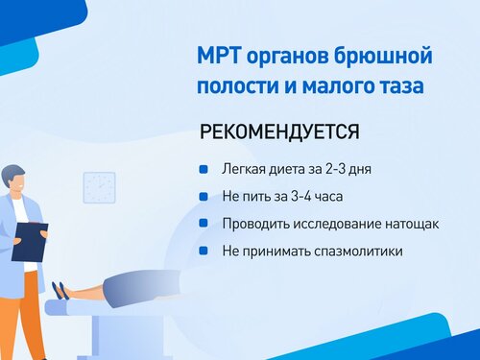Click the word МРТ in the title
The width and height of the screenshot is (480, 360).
(x=219, y=56)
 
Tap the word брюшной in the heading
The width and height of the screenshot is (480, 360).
(x=383, y=56)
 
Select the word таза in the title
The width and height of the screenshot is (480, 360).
(x=400, y=85)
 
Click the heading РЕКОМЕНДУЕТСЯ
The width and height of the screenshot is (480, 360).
(x=279, y=132)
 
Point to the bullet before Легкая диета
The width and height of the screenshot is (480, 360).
(x=204, y=169)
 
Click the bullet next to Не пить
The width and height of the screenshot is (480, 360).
(x=204, y=196)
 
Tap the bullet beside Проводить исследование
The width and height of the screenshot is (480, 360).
(x=204, y=223)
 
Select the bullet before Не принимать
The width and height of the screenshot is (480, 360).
(x=204, y=251)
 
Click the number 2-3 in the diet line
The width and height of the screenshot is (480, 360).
(x=336, y=169)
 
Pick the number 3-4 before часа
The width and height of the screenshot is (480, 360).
(x=300, y=196)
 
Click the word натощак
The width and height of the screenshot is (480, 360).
(x=412, y=224)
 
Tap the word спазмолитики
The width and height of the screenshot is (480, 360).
(x=358, y=251)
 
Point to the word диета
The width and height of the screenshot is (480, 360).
(x=287, y=170)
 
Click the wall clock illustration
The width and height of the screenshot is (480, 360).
(x=99, y=187)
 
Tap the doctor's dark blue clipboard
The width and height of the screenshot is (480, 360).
(x=30, y=242)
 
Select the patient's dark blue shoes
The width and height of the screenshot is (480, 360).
(x=60, y=290)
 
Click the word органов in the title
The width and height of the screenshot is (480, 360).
(x=287, y=58)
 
